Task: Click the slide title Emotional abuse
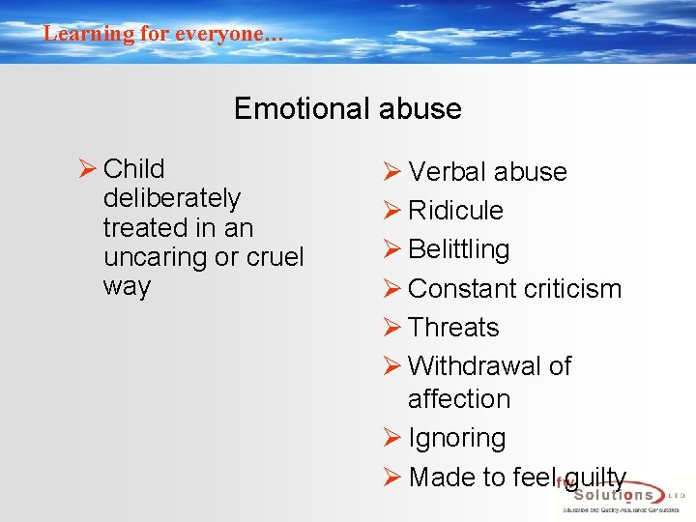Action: (347, 108)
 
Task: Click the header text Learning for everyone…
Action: (163, 34)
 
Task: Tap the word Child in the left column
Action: (133, 169)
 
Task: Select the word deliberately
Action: (171, 198)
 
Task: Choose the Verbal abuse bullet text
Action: (487, 172)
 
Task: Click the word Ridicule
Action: (455, 211)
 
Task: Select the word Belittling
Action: (458, 249)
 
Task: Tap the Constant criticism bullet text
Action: (514, 289)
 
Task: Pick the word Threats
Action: (453, 328)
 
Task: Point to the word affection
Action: (458, 398)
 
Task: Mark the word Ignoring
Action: (456, 438)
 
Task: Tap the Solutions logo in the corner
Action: (619, 495)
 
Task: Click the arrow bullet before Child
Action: (87, 169)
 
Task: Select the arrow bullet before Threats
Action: (391, 328)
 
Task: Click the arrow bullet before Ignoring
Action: (391, 438)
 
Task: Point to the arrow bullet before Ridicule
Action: (391, 211)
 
